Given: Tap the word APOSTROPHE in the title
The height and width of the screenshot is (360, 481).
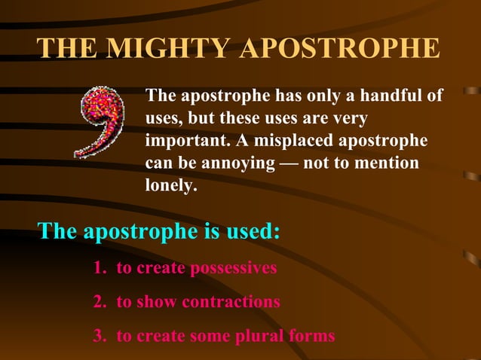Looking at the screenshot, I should (x=339, y=47).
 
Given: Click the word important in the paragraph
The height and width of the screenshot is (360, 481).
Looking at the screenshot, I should (x=184, y=141).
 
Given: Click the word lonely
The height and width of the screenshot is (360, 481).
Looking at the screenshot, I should (x=170, y=185).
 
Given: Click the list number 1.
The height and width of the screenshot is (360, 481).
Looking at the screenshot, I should (x=98, y=268).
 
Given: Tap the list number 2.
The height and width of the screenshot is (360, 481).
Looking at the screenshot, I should (x=99, y=302).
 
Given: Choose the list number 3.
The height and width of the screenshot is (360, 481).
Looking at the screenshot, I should (x=99, y=336).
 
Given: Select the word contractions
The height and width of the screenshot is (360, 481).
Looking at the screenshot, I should (x=232, y=302).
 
